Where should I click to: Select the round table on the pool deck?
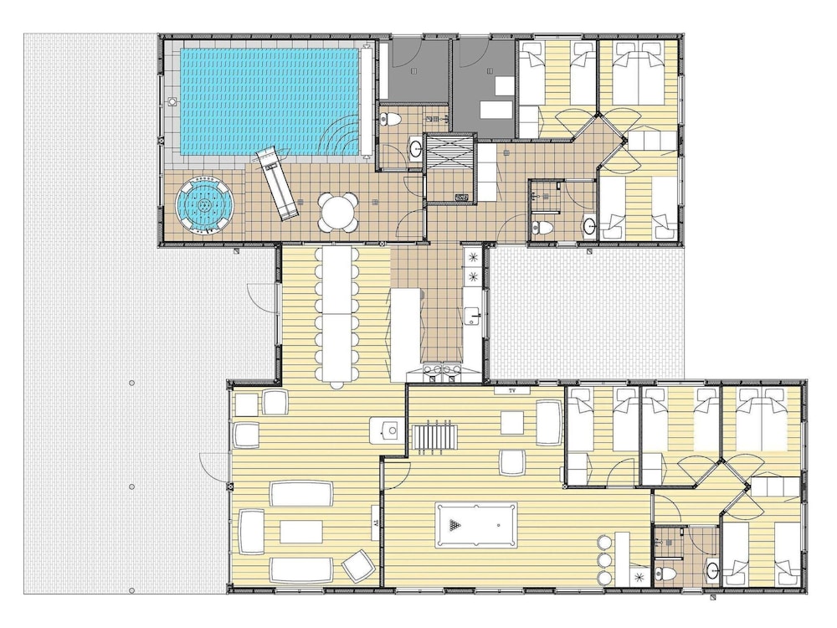click(338, 212)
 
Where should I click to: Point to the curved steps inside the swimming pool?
click(341, 136)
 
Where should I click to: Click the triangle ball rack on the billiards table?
click(454, 525)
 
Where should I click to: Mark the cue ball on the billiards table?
click(499, 525)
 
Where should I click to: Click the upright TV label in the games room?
click(512, 391)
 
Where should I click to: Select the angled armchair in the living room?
click(358, 566)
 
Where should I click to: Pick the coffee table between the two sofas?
click(301, 532)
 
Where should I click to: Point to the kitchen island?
click(406, 334)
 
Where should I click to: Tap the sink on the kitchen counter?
click(472, 317)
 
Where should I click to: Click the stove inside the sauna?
click(462, 198)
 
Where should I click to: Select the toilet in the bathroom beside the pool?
click(388, 120)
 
